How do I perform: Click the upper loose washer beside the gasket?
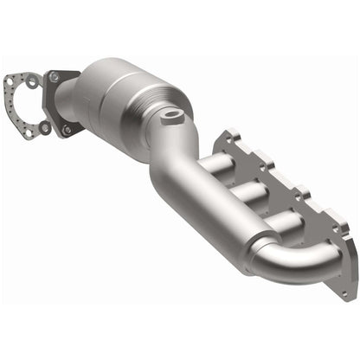[x=31, y=79]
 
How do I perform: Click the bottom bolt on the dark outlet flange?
[x=67, y=129]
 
